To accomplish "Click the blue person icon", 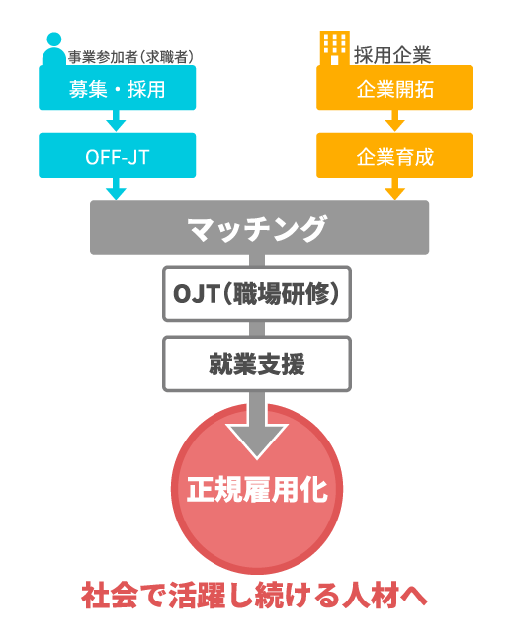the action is (x=54, y=48).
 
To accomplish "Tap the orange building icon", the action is (x=335, y=47).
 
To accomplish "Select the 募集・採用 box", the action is (x=117, y=88).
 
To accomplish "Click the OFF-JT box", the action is (x=117, y=155).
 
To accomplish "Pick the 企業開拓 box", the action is (x=395, y=88).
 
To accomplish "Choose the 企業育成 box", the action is (x=395, y=155).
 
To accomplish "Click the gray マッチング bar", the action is (x=259, y=227).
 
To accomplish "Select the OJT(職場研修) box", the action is (x=257, y=293).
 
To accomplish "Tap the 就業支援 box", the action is (x=257, y=363).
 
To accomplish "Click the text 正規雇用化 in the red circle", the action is (x=257, y=489).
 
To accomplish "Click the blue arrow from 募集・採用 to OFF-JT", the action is (x=116, y=120).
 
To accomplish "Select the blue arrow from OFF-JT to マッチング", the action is (x=116, y=189).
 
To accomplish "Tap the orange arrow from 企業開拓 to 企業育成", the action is (x=395, y=120).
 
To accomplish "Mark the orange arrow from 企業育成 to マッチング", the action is (x=395, y=189).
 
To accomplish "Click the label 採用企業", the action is (x=392, y=55).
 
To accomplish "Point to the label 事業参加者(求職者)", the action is (x=130, y=57).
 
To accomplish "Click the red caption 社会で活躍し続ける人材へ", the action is (x=255, y=596).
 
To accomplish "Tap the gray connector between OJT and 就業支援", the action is (x=257, y=329).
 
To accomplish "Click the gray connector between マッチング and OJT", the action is (x=257, y=260).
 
